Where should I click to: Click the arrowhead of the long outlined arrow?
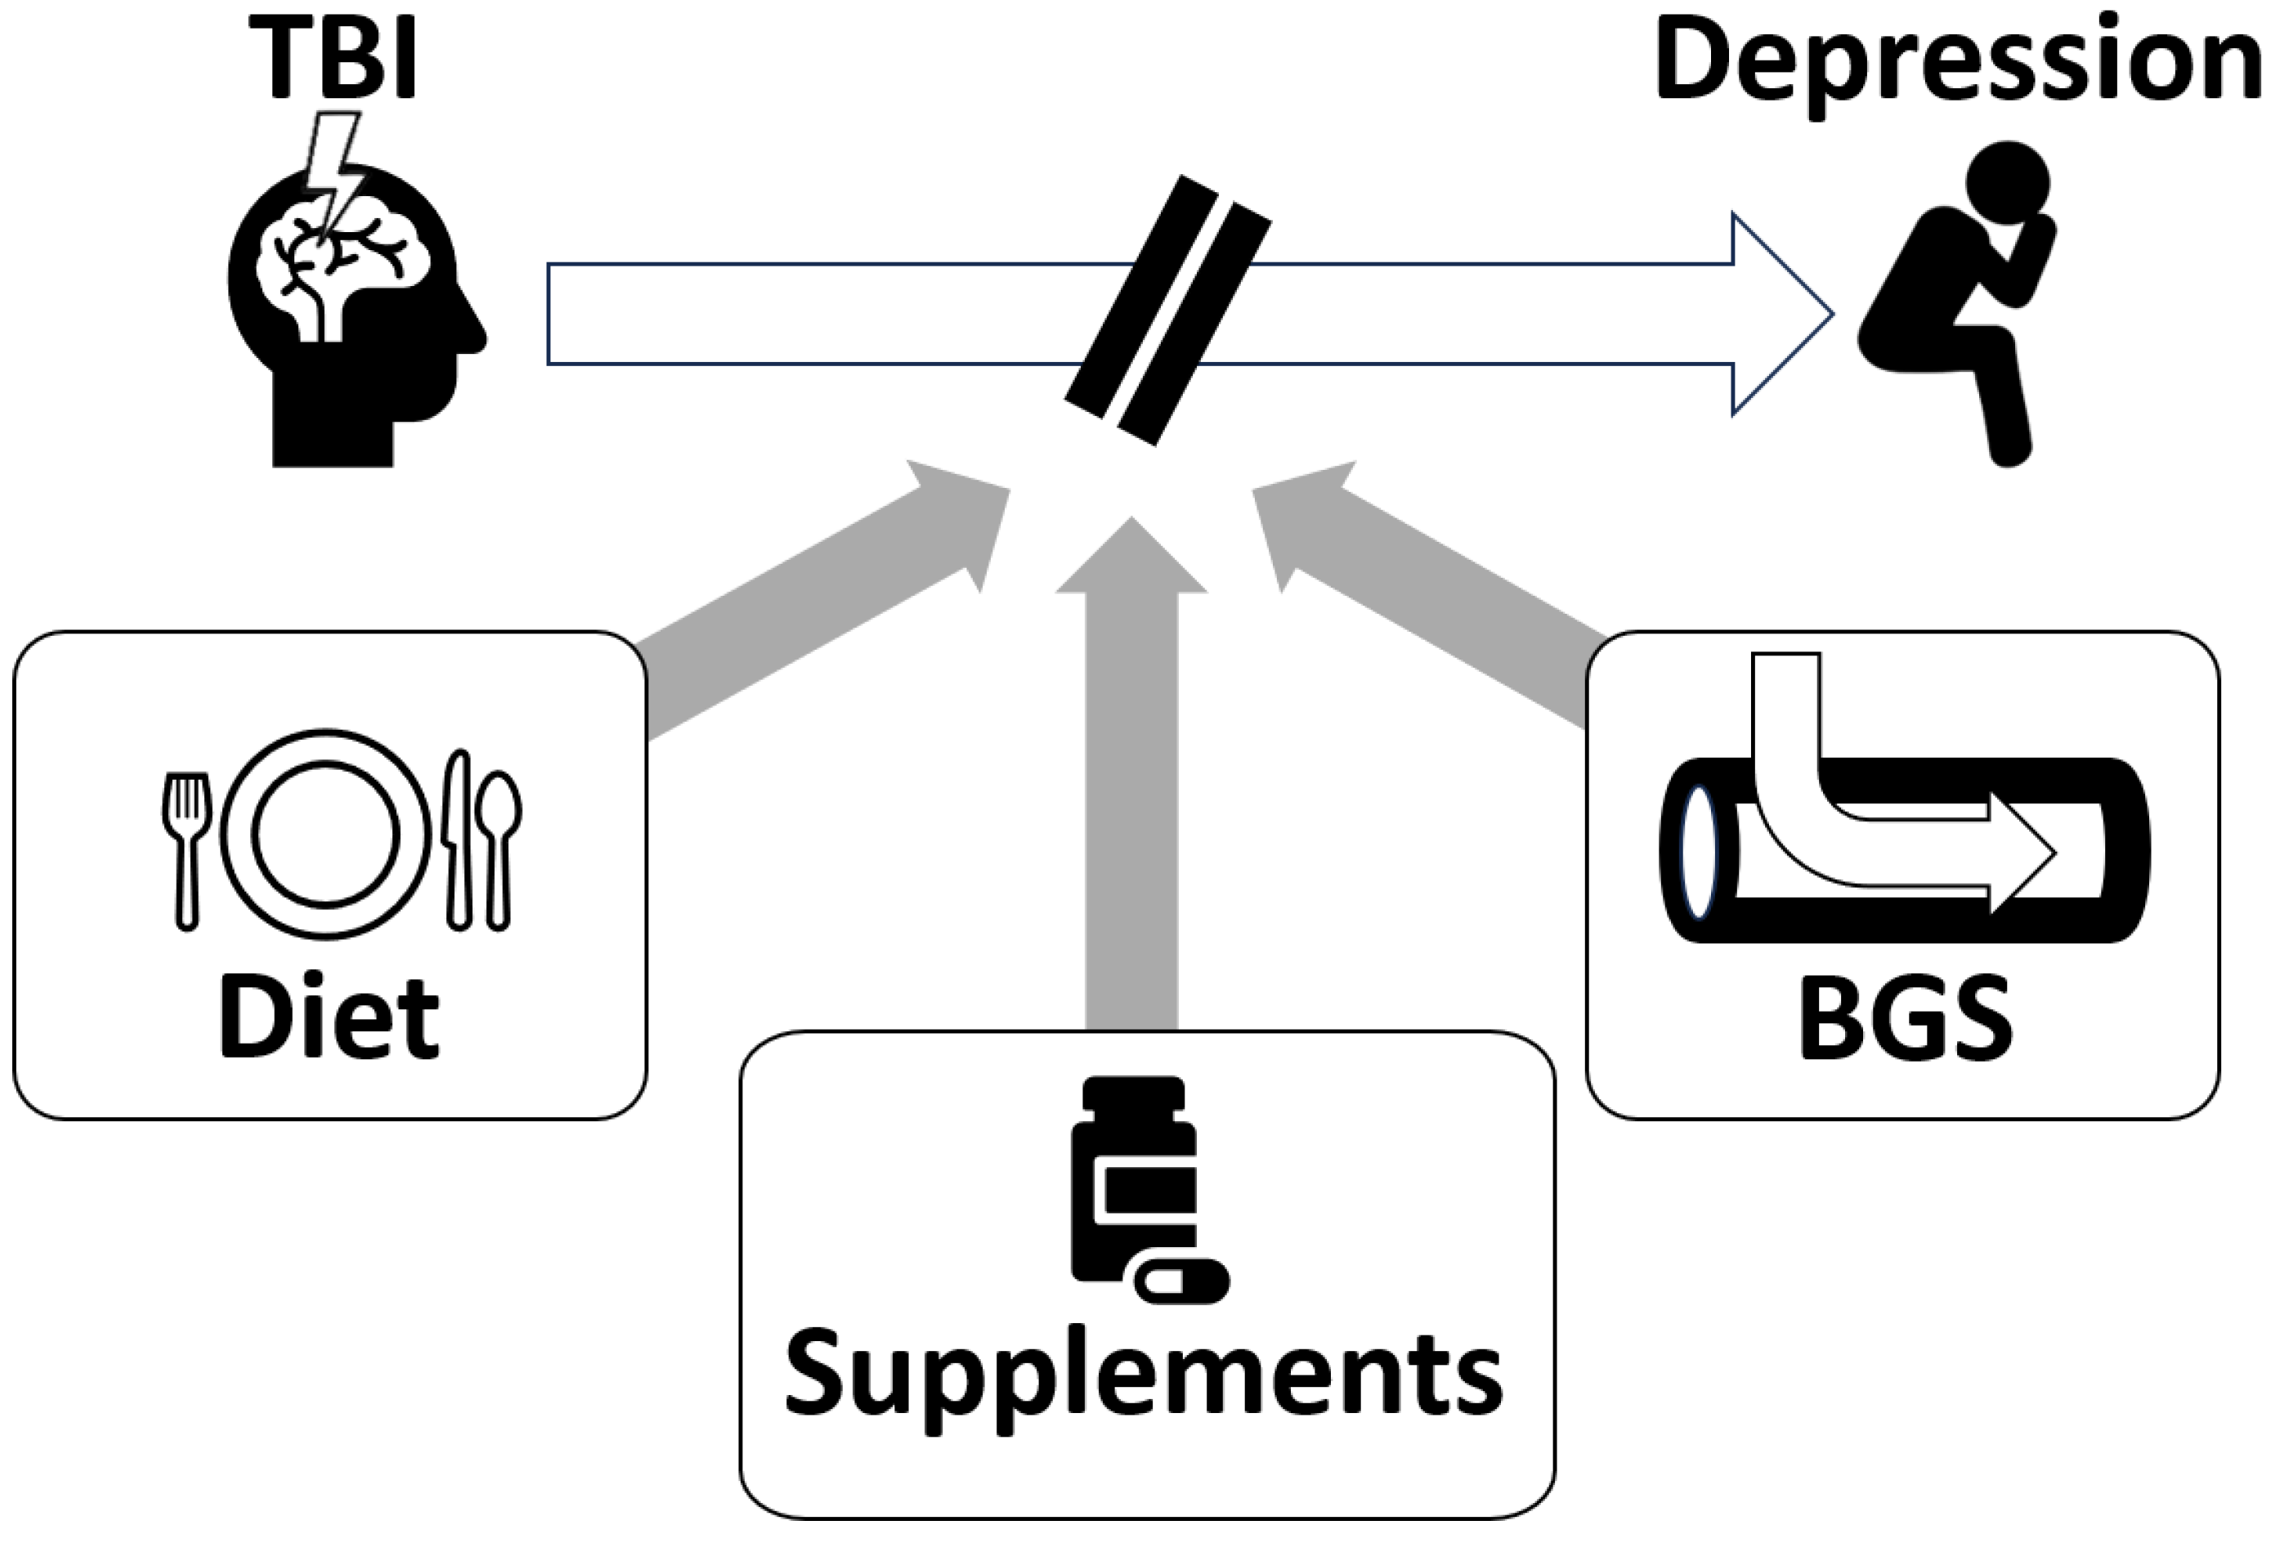(x=1779, y=314)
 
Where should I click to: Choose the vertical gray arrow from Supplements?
(x=1131, y=782)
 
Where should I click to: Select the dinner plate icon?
(x=325, y=834)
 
